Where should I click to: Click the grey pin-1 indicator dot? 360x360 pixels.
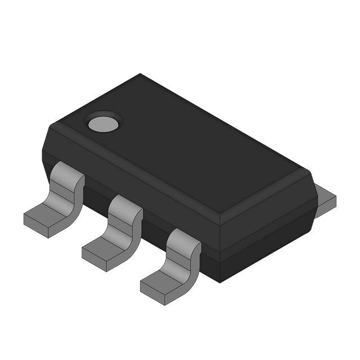pos(102,123)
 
